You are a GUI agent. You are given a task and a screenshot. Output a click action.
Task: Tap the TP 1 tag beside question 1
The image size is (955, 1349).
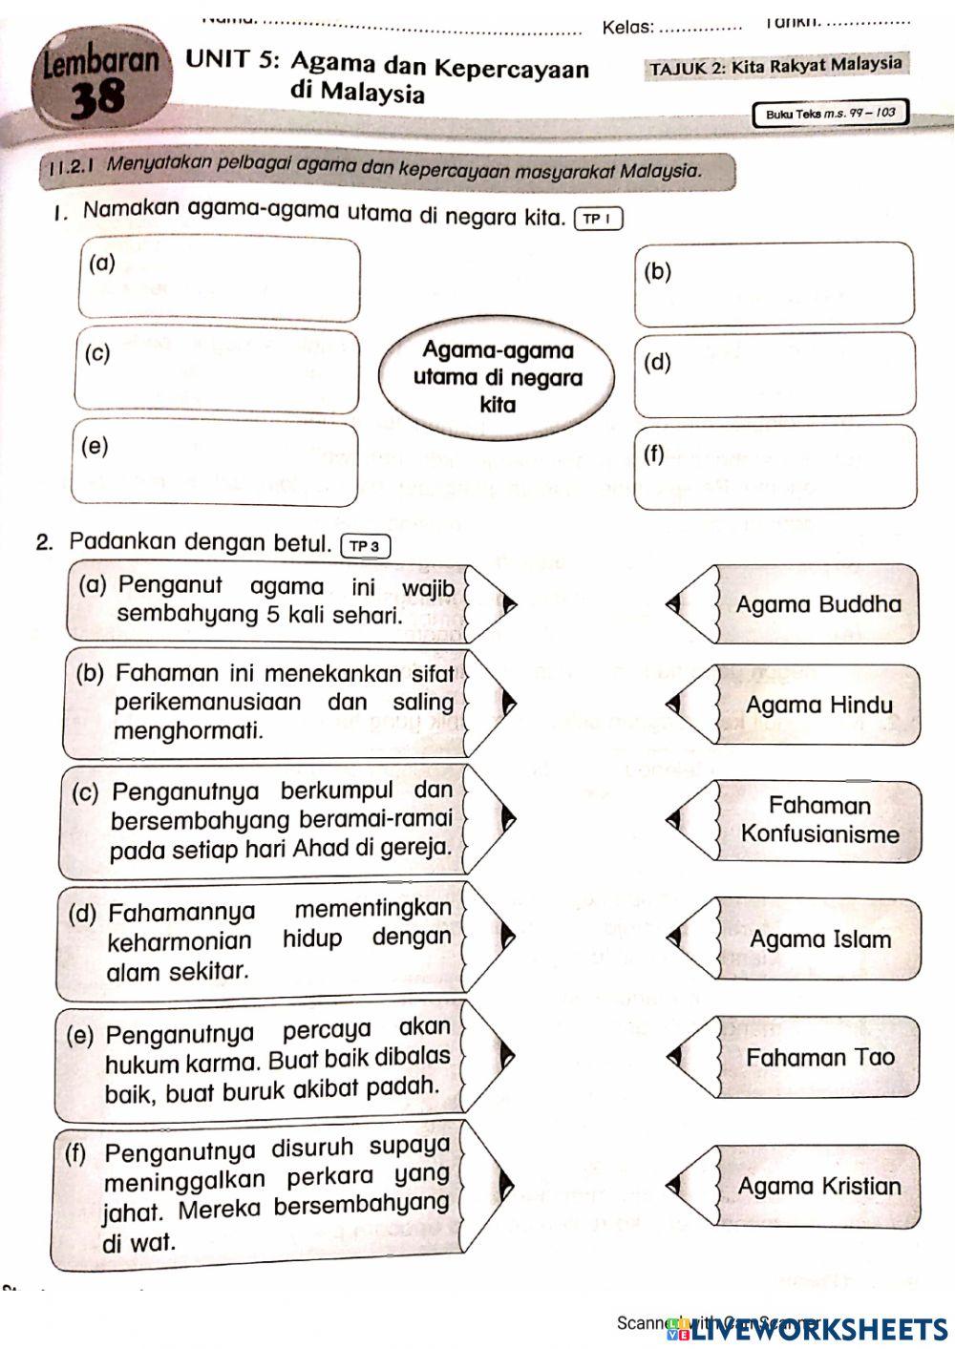click(599, 220)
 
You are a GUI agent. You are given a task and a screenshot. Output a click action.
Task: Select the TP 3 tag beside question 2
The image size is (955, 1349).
click(365, 546)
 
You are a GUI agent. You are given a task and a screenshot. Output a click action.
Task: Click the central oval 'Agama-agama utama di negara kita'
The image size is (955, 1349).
click(498, 378)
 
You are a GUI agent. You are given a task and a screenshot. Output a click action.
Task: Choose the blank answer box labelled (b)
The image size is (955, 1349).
click(775, 284)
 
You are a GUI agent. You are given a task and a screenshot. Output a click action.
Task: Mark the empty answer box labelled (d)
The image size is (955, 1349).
click(775, 373)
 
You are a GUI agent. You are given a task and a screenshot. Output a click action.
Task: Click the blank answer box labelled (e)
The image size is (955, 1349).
click(215, 464)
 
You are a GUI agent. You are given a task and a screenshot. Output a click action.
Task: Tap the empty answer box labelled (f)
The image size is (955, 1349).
click(775, 466)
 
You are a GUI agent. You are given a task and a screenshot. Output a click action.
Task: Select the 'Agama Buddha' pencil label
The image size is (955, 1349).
click(817, 604)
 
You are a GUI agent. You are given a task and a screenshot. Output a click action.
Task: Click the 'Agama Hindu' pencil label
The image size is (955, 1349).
click(818, 706)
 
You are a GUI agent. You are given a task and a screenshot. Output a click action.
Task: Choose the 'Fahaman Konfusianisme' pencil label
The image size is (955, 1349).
click(819, 820)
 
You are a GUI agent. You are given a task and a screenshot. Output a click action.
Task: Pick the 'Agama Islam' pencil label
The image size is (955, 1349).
click(819, 939)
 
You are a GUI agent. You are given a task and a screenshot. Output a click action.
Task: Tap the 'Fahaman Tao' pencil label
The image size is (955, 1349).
click(819, 1057)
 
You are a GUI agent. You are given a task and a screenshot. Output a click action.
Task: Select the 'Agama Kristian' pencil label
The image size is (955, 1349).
click(818, 1187)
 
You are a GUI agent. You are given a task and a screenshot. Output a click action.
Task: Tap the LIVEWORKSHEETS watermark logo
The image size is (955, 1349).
click(808, 1329)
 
